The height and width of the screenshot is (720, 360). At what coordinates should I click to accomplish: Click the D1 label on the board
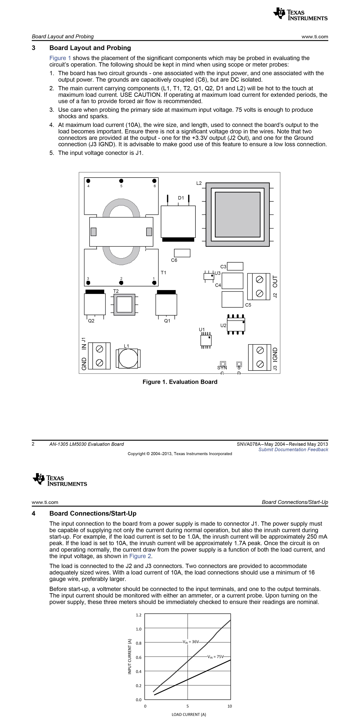tap(181, 198)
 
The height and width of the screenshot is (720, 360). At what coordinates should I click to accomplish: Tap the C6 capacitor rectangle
tap(182, 253)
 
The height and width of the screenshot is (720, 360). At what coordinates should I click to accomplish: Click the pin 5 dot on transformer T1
tap(121, 181)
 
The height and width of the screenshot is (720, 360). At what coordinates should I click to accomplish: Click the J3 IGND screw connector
tap(260, 357)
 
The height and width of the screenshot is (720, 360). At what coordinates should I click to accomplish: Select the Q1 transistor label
tap(167, 321)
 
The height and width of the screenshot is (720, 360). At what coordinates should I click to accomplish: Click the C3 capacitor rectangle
tap(235, 266)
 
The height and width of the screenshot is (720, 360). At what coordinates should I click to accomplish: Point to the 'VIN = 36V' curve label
tap(191, 642)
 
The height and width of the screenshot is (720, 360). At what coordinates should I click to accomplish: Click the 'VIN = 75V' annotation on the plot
tap(216, 657)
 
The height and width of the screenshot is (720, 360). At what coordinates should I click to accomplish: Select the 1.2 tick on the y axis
tap(139, 615)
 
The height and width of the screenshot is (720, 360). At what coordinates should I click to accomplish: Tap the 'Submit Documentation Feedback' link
tap(293, 449)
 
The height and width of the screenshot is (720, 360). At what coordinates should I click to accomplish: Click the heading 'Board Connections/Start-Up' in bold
tap(93, 513)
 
